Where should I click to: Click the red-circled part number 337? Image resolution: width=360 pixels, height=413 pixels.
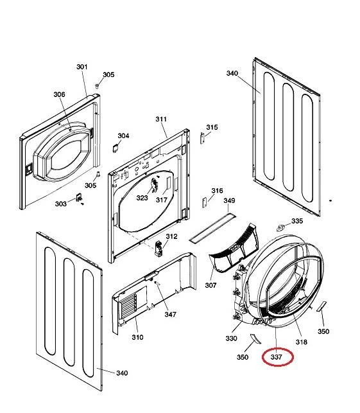coord(277,357)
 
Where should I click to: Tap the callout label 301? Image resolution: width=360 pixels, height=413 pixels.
coord(82,67)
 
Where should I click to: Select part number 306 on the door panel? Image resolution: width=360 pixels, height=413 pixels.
coord(59,94)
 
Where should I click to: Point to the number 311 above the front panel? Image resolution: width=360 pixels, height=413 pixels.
coord(161,119)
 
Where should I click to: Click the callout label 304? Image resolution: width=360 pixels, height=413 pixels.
coord(123,136)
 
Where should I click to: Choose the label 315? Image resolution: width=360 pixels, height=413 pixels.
coord(212,127)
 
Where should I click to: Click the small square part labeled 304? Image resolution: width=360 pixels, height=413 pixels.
coord(116,148)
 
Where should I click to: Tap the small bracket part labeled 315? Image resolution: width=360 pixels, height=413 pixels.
coord(202,138)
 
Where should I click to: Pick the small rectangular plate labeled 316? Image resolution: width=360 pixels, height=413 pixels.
coord(205,203)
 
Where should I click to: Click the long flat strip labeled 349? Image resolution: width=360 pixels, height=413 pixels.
coord(212,228)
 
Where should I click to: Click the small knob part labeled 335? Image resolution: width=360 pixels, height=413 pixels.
coord(281,228)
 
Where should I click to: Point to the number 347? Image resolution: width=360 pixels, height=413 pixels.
coord(170,314)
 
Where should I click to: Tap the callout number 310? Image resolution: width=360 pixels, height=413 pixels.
coord(137,337)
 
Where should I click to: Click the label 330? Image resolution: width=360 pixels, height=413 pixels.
coord(231,338)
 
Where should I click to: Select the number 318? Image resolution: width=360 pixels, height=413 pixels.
coord(302,342)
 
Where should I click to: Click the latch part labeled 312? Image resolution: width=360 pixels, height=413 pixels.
coord(159,248)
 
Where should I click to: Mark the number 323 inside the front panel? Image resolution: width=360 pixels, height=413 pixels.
coord(142,198)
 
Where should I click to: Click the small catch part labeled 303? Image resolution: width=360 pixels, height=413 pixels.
coord(79,198)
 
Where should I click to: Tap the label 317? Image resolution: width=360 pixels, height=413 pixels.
coord(162,200)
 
